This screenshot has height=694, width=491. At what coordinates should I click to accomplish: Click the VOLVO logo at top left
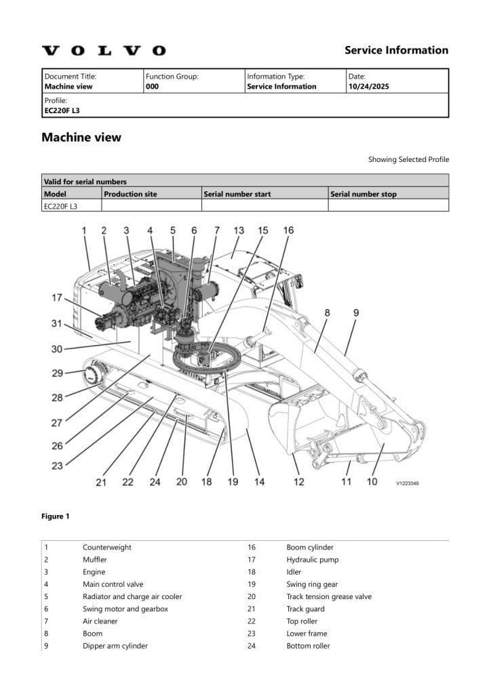coord(103,51)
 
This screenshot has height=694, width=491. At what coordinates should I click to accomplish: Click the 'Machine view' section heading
coord(81,138)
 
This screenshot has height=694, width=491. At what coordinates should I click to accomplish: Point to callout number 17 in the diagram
coord(57,298)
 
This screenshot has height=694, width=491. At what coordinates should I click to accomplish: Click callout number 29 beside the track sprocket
coord(58,373)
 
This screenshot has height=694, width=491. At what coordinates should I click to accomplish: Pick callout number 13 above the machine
coord(238,231)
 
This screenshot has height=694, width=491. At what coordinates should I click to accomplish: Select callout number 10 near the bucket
coord(372,481)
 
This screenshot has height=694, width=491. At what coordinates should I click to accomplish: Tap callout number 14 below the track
coord(258,482)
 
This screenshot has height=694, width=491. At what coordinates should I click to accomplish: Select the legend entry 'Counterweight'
coord(107,548)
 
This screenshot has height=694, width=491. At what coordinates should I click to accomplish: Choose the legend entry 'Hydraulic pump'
coord(312,560)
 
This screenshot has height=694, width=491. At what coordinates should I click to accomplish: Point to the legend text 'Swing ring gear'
coord(312,584)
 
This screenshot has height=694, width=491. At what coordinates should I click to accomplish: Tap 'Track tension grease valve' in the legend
coord(329,596)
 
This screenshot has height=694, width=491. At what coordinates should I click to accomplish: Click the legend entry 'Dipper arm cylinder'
coord(115,646)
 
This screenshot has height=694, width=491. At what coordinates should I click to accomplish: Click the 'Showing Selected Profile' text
coord(408,160)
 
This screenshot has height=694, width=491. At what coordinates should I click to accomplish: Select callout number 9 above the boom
coord(356,313)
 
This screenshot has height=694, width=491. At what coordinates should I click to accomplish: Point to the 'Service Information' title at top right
coord(396,50)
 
